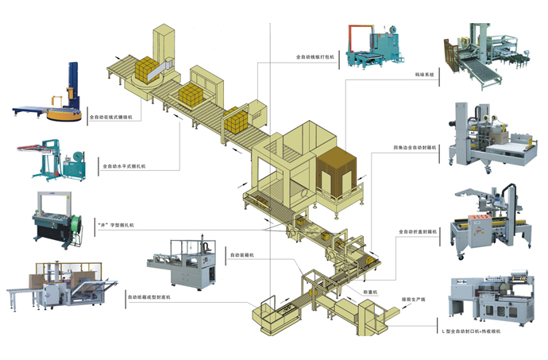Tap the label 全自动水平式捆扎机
[125, 168]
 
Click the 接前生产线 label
[413, 300]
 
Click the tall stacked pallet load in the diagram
[339, 173]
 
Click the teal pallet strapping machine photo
[376, 45]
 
